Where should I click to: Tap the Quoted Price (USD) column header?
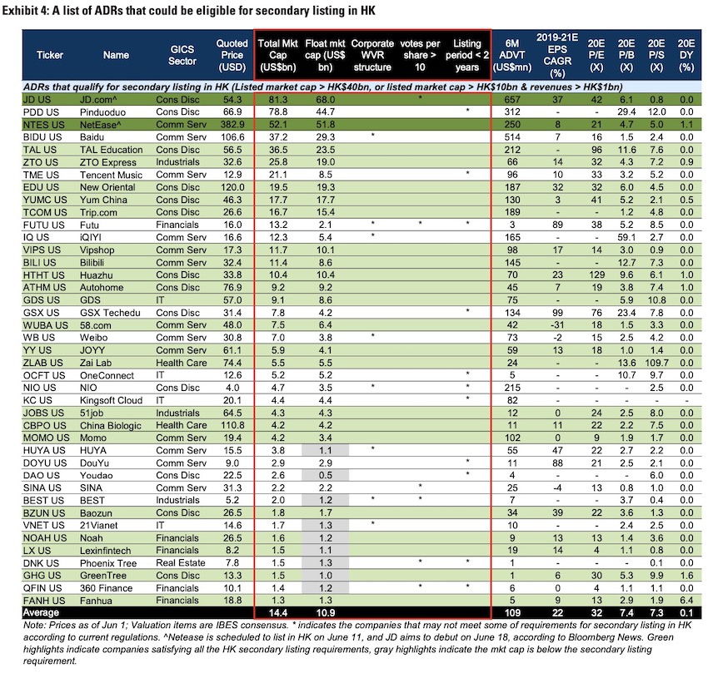[x=232, y=55]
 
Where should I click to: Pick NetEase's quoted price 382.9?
[x=232, y=124]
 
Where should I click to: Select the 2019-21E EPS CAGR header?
[x=560, y=55]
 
